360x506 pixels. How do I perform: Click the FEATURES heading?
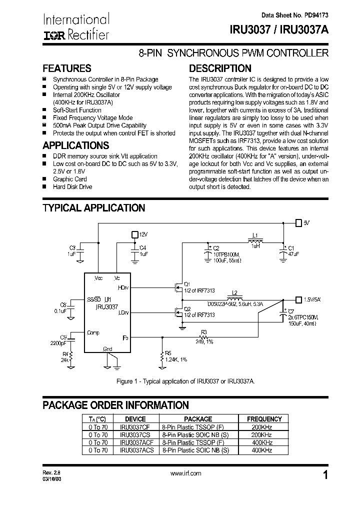[x=67, y=68]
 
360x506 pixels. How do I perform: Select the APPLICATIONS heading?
[x=75, y=145]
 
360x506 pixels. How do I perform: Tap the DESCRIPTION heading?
[x=220, y=68]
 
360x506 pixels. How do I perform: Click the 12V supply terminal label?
[x=144, y=233]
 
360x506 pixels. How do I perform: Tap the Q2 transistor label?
[x=187, y=308]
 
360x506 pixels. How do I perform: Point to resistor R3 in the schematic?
[x=203, y=336]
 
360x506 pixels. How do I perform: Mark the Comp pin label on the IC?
[x=93, y=332]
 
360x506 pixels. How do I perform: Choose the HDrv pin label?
[x=123, y=287]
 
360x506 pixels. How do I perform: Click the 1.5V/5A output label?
[x=312, y=299]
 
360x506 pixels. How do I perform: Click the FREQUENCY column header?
[x=264, y=419]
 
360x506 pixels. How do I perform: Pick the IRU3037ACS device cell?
[x=136, y=450]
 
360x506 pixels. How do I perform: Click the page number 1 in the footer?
[x=325, y=475]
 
